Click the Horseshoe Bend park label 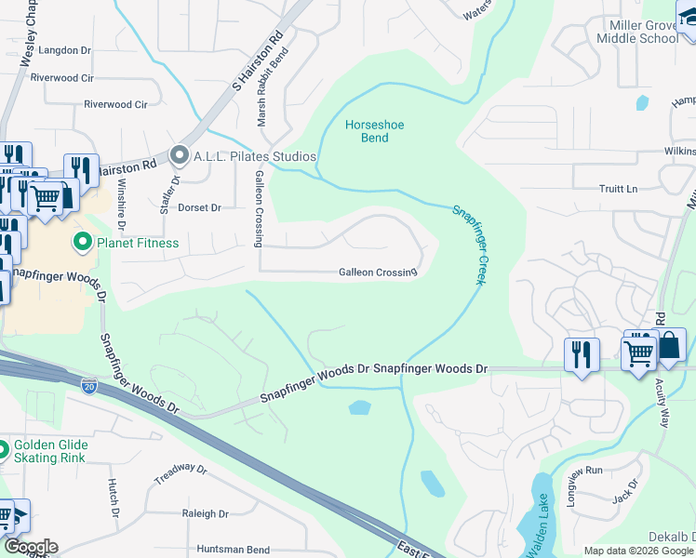tap(368, 131)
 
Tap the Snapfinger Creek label tap(469, 245)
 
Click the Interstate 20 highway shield tap(89, 383)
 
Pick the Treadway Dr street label tap(179, 474)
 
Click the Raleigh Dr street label tap(206, 513)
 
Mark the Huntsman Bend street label tap(233, 550)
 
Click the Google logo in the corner tap(30, 547)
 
